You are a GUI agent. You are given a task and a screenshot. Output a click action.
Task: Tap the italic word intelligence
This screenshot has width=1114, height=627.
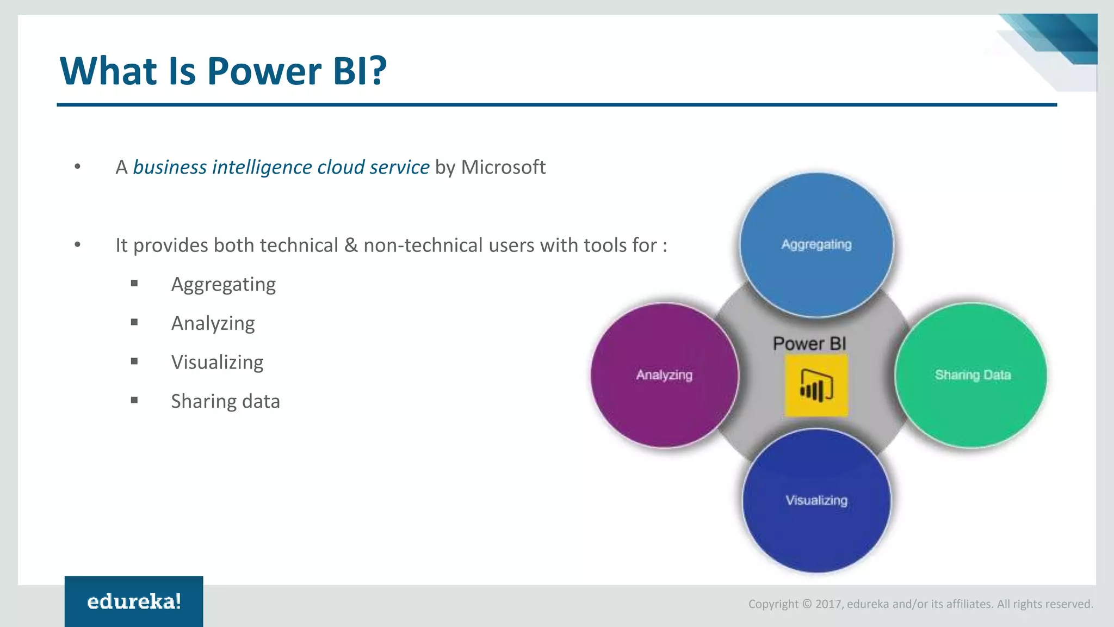tap(262, 167)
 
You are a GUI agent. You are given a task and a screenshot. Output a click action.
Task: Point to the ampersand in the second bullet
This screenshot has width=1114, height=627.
tap(351, 245)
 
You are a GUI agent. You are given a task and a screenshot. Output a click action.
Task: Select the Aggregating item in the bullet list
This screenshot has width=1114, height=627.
tap(223, 285)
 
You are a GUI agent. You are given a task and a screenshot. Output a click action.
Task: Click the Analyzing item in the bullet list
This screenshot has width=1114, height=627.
tap(213, 324)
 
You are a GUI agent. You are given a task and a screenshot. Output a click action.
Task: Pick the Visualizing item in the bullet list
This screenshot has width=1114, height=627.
tap(217, 362)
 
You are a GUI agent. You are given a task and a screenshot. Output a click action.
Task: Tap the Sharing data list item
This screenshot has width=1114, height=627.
tap(225, 402)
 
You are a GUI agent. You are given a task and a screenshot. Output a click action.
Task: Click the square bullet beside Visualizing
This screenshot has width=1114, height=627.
tap(134, 361)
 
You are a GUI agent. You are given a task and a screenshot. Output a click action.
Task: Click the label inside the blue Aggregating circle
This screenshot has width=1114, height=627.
tap(816, 244)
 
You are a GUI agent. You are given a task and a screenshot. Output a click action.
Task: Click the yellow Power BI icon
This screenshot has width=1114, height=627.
tap(816, 385)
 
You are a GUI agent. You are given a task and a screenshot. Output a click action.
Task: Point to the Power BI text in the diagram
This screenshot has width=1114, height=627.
tap(809, 343)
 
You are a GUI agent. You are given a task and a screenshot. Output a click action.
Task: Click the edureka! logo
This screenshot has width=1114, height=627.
tap(134, 601)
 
